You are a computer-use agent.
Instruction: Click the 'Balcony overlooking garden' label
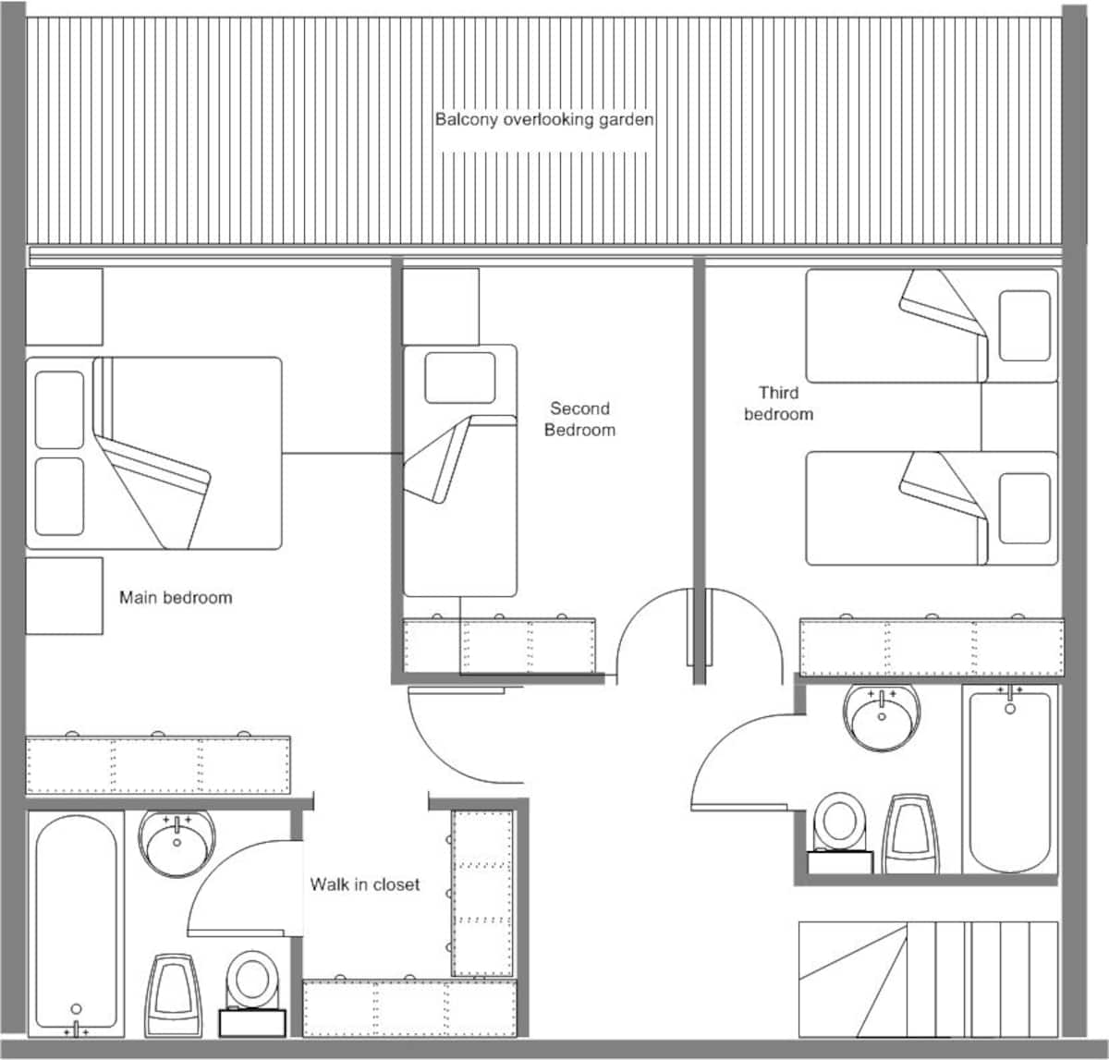[x=544, y=120]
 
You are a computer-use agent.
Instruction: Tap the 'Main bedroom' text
[x=176, y=598]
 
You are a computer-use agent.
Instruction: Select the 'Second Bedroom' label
[x=579, y=419]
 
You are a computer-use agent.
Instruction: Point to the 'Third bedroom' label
[x=778, y=404]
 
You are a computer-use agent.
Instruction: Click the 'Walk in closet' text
[x=365, y=884]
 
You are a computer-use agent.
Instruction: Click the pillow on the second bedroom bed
[x=460, y=377]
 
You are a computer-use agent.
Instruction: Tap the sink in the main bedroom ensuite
[x=177, y=844]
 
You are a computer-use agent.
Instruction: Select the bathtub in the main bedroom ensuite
[x=77, y=923]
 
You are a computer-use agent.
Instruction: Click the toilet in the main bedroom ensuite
[x=252, y=993]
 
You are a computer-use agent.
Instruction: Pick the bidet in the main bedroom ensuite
[x=173, y=995]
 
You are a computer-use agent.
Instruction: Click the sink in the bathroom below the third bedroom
[x=882, y=717]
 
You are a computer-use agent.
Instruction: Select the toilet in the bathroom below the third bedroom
[x=840, y=833]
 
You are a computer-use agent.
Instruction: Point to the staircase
[x=929, y=980]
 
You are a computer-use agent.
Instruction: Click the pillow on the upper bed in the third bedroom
[x=1025, y=326]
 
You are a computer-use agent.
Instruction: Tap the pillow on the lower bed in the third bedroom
[x=1025, y=508]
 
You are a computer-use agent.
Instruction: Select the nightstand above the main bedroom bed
[x=65, y=307]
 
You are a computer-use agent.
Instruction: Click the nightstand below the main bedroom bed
[x=65, y=595]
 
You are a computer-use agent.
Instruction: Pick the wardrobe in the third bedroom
[x=932, y=647]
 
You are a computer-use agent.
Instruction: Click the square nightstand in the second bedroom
[x=441, y=307]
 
